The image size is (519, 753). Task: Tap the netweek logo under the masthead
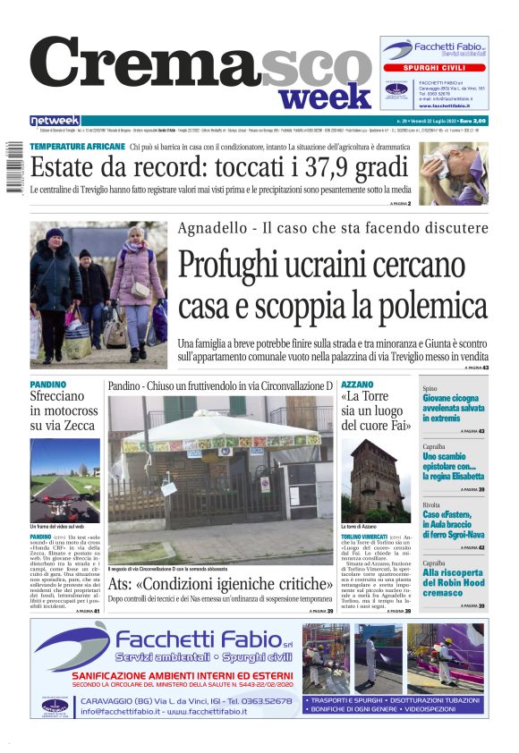click(x=55, y=121)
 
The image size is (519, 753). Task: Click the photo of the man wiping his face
click(x=454, y=174)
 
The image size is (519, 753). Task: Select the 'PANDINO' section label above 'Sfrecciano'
click(x=47, y=384)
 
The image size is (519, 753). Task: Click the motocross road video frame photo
click(x=64, y=479)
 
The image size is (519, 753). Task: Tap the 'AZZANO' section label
click(x=358, y=384)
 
